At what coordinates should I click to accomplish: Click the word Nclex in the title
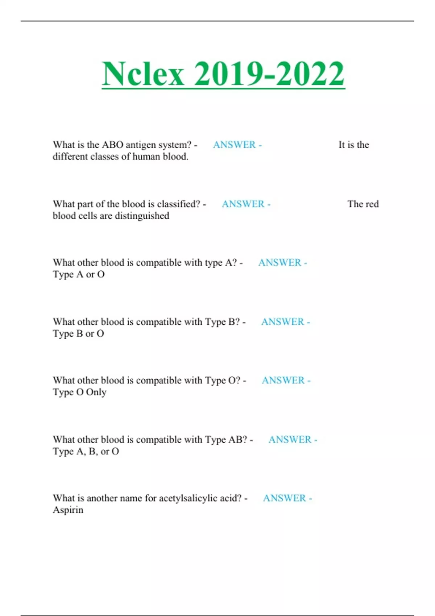click(x=143, y=74)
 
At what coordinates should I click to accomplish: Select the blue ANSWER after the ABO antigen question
click(x=235, y=145)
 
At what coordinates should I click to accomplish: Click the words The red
click(x=363, y=204)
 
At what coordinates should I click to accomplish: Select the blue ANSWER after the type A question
click(x=280, y=263)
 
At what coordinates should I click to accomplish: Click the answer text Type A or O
click(x=79, y=274)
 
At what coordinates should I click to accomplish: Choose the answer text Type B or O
click(x=78, y=333)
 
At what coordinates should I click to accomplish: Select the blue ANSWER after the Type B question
click(x=283, y=322)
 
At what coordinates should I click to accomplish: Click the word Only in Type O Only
click(x=96, y=392)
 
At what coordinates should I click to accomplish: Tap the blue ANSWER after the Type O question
click(x=283, y=380)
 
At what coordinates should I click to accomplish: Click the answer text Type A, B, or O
click(x=86, y=451)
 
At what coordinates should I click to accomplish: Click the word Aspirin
click(x=68, y=510)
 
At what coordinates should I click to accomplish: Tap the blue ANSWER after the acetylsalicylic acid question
click(x=285, y=498)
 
